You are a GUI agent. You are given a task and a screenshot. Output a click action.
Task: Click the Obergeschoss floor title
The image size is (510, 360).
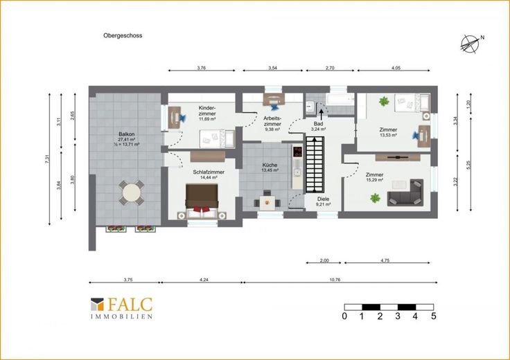[x=123, y=35]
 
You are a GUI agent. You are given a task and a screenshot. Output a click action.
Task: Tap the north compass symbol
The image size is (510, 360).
[x=471, y=44]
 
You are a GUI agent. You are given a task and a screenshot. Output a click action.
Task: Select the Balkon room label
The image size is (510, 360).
[x=127, y=134]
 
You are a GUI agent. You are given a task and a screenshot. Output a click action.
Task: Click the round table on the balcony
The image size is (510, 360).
[x=132, y=193]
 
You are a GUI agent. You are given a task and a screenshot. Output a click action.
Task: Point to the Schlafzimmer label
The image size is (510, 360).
[x=209, y=172]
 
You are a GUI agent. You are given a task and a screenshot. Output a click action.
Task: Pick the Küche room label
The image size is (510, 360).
[x=270, y=165]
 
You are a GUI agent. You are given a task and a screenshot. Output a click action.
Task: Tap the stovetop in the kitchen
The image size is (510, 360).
[x=297, y=152]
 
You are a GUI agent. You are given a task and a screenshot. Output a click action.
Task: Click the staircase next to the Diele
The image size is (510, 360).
[x=315, y=164]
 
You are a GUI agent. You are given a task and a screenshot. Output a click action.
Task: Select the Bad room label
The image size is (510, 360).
[x=319, y=124]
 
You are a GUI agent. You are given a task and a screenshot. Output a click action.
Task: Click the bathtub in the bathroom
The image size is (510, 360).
[x=340, y=100]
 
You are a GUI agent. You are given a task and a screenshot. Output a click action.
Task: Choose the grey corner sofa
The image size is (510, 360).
[x=405, y=192]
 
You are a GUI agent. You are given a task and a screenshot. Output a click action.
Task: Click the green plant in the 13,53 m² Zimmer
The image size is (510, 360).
[x=384, y=101]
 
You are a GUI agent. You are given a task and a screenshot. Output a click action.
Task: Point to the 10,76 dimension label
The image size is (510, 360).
[x=335, y=280]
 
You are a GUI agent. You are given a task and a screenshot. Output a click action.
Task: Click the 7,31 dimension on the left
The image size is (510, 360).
[x=48, y=159]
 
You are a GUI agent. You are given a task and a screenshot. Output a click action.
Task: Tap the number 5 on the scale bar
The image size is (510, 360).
[x=434, y=316]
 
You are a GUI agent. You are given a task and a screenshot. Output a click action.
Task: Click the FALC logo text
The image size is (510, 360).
[x=130, y=305]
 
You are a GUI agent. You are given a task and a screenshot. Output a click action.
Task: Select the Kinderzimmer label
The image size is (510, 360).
[x=207, y=111]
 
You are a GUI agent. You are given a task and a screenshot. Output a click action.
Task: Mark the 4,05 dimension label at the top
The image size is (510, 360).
[x=396, y=69]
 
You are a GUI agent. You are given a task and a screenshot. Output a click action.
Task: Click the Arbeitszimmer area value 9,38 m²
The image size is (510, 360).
[x=272, y=129]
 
